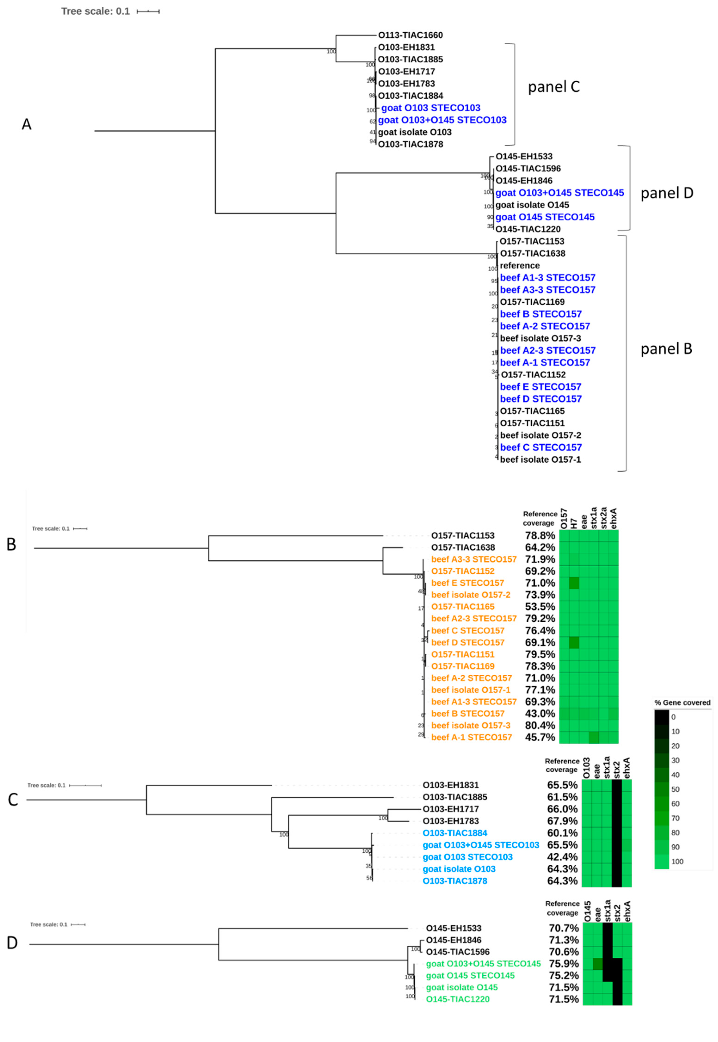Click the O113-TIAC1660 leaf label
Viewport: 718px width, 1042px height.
pyautogui.click(x=410, y=35)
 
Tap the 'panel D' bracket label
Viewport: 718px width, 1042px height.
pyautogui.click(x=667, y=193)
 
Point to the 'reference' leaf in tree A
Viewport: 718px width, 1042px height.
pyautogui.click(x=520, y=265)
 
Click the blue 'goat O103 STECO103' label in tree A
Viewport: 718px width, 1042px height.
pyautogui.click(x=431, y=108)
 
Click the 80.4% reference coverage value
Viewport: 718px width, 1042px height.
pyautogui.click(x=540, y=725)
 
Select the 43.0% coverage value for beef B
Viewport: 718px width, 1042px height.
pyautogui.click(x=540, y=714)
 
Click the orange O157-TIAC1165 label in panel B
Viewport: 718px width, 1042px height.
pyautogui.click(x=462, y=607)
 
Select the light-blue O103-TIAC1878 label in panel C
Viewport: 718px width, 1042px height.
pyautogui.click(x=455, y=881)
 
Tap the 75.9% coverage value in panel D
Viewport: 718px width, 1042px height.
pyautogui.click(x=564, y=964)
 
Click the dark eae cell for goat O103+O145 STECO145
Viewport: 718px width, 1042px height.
pyautogui.click(x=598, y=964)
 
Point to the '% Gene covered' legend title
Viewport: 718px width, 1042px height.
pyautogui.click(x=682, y=702)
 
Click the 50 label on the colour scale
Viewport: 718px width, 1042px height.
pyautogui.click(x=675, y=789)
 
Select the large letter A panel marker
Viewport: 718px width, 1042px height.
pyautogui.click(x=27, y=124)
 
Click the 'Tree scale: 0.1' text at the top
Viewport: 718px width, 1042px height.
pyautogui.click(x=95, y=11)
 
